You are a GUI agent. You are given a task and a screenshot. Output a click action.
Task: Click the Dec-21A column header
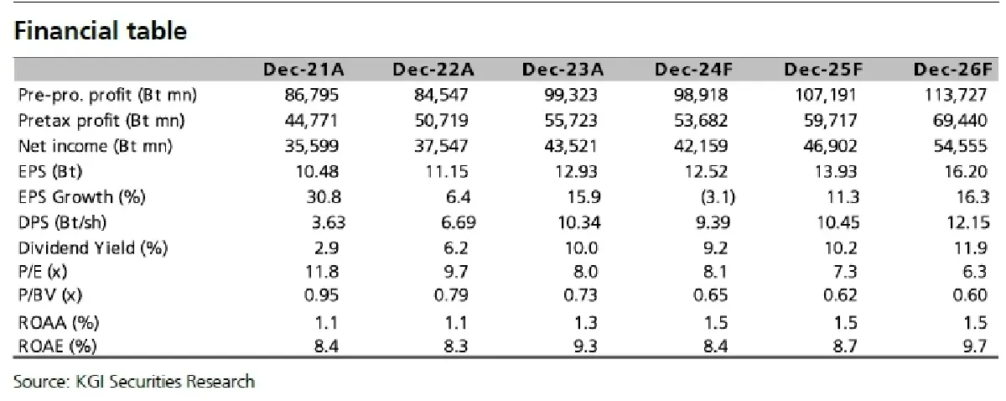[x=303, y=70]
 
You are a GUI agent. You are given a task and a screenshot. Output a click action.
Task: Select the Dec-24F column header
[x=693, y=70]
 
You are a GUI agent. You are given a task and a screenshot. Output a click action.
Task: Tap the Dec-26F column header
[x=952, y=70]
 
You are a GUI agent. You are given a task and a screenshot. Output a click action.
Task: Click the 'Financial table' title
[x=100, y=30]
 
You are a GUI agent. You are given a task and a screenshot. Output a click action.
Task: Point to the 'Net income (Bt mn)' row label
[x=96, y=146]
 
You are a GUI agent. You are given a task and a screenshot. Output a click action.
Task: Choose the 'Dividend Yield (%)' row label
[x=93, y=248]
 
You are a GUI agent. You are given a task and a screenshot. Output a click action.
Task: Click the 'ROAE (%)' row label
[x=58, y=346]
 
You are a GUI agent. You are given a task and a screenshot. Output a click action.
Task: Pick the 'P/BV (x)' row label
[x=50, y=295]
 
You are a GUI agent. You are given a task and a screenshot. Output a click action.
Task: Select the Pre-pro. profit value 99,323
[x=571, y=95]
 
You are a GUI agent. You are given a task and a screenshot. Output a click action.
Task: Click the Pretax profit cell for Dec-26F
[x=960, y=121]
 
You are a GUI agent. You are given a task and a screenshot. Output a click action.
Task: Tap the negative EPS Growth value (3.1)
[x=718, y=197]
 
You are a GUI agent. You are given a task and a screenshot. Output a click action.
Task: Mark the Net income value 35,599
[x=312, y=146]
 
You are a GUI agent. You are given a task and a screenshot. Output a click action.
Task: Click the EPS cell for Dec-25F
[x=836, y=172]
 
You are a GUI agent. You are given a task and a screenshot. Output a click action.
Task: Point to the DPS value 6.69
[x=458, y=222]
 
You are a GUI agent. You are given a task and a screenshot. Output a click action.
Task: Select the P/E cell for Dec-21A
[x=322, y=272]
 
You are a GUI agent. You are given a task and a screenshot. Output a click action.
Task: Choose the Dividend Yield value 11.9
[x=971, y=248]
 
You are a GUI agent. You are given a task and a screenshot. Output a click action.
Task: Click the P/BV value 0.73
[x=580, y=295]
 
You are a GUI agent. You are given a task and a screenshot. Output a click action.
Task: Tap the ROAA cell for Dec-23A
[x=586, y=323]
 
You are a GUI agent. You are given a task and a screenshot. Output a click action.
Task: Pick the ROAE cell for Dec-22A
[x=456, y=346]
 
